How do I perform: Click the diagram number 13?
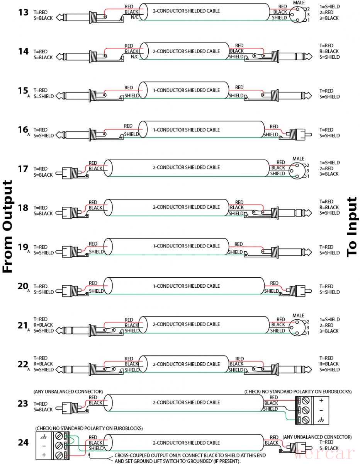(23, 12)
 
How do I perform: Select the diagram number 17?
(23, 169)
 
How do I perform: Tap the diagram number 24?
(23, 442)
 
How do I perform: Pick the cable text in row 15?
(186, 90)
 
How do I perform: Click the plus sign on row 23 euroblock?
(321, 401)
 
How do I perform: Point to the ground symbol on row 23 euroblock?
(321, 420)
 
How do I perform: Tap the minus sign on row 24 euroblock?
(44, 445)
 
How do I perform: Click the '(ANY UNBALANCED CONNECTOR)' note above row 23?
(68, 392)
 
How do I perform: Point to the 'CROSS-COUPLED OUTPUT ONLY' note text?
(178, 455)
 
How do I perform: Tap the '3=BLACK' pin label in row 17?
(329, 174)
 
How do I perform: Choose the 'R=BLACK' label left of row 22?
(43, 364)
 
